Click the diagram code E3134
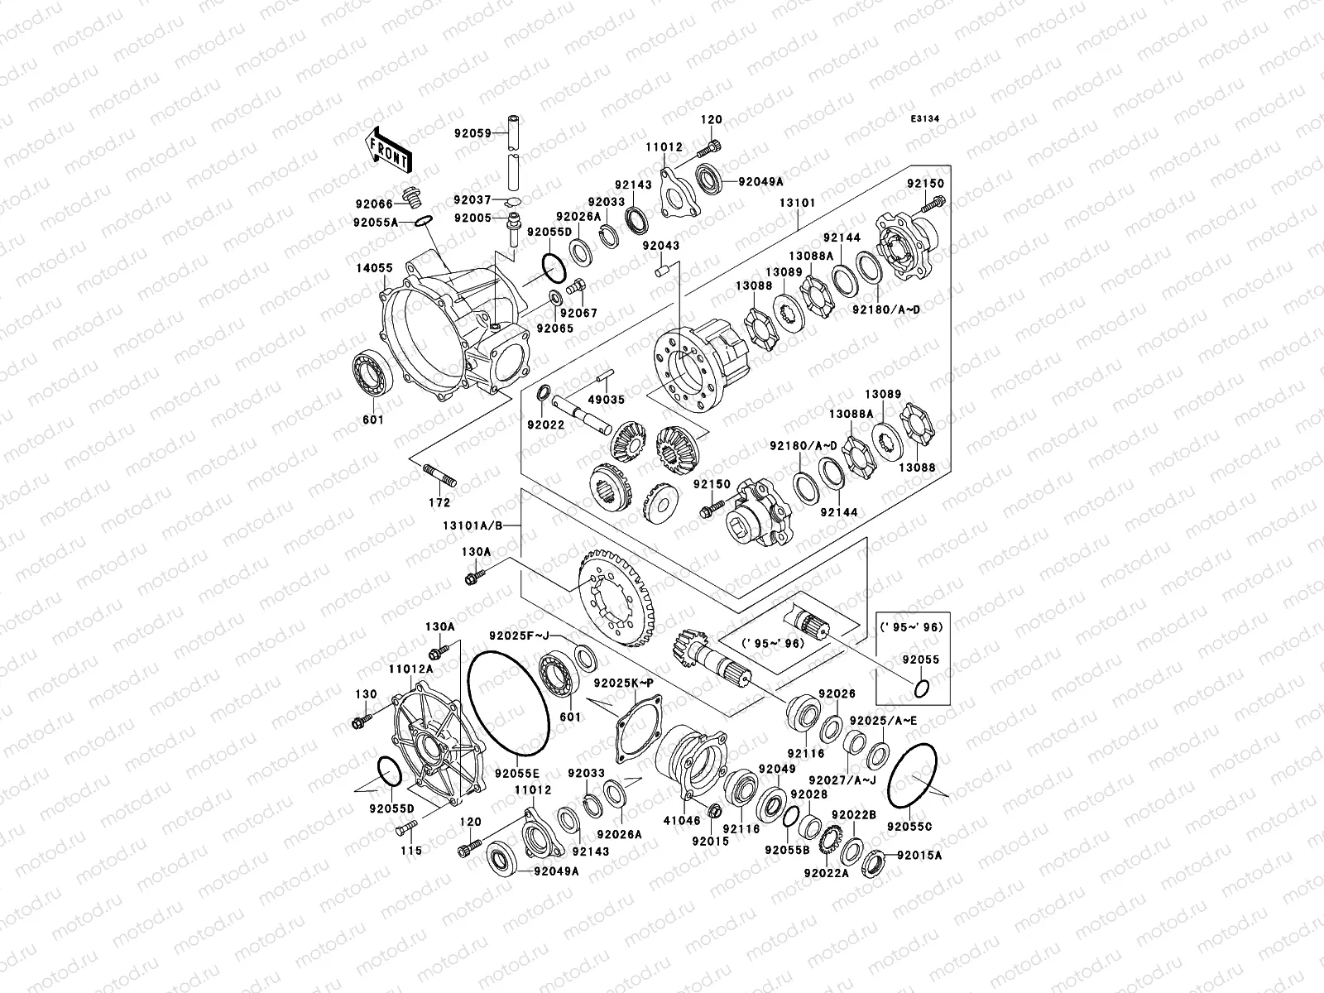click(925, 119)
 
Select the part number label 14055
click(375, 268)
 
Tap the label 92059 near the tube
click(472, 132)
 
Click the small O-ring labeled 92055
click(920, 687)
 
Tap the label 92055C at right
click(909, 826)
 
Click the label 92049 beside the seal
click(775, 769)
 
